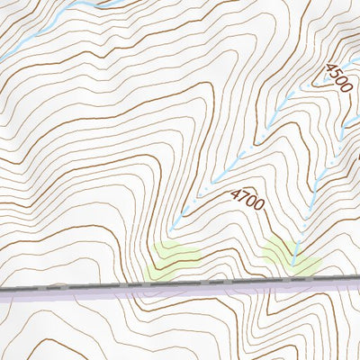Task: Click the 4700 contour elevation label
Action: (247, 201)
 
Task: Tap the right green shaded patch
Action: (292, 256)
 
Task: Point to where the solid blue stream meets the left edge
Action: (2, 58)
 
